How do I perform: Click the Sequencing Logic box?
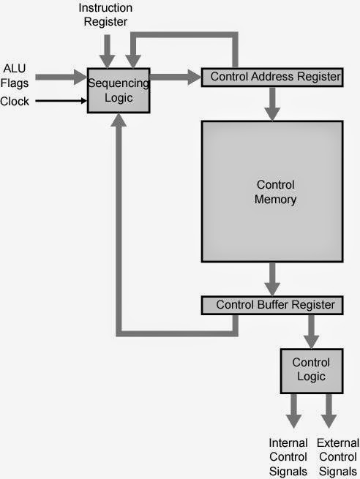(x=119, y=91)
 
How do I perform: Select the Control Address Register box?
(x=272, y=78)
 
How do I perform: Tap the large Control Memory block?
(x=272, y=192)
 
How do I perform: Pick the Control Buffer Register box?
(x=272, y=305)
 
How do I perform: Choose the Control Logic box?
(x=312, y=371)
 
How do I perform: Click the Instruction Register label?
(x=105, y=15)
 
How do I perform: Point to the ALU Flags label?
(x=15, y=75)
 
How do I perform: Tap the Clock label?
(x=15, y=101)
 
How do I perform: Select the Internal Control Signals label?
(x=288, y=457)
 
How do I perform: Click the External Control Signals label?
(x=338, y=457)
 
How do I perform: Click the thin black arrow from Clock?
(x=61, y=100)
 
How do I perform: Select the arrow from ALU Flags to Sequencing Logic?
(x=61, y=77)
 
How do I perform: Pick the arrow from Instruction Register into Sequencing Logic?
(x=108, y=51)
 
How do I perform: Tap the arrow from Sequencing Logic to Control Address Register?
(x=176, y=77)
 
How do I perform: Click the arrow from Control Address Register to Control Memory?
(x=272, y=104)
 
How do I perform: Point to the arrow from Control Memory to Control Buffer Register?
(x=272, y=279)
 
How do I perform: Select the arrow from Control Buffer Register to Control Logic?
(x=312, y=332)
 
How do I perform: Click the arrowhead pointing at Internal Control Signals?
(x=293, y=421)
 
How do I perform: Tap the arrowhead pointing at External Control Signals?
(x=329, y=421)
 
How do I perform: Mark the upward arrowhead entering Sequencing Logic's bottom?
(x=119, y=120)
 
